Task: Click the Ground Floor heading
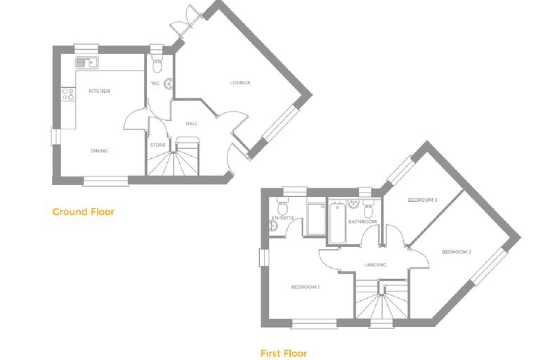(83, 212)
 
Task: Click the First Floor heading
(284, 353)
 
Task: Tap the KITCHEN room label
(100, 91)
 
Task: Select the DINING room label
(100, 150)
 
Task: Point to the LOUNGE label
(240, 82)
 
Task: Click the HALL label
(192, 124)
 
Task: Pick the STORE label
(157, 145)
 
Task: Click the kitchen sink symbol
(87, 63)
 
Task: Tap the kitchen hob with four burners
(68, 94)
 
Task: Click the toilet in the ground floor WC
(157, 63)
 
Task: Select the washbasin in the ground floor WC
(169, 84)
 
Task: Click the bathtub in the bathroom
(337, 223)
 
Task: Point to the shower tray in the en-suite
(316, 219)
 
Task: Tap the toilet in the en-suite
(282, 205)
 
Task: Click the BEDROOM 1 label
(305, 287)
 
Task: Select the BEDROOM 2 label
(456, 252)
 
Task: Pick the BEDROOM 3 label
(422, 200)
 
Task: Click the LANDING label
(375, 264)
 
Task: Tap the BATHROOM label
(363, 221)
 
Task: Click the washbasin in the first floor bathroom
(353, 205)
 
